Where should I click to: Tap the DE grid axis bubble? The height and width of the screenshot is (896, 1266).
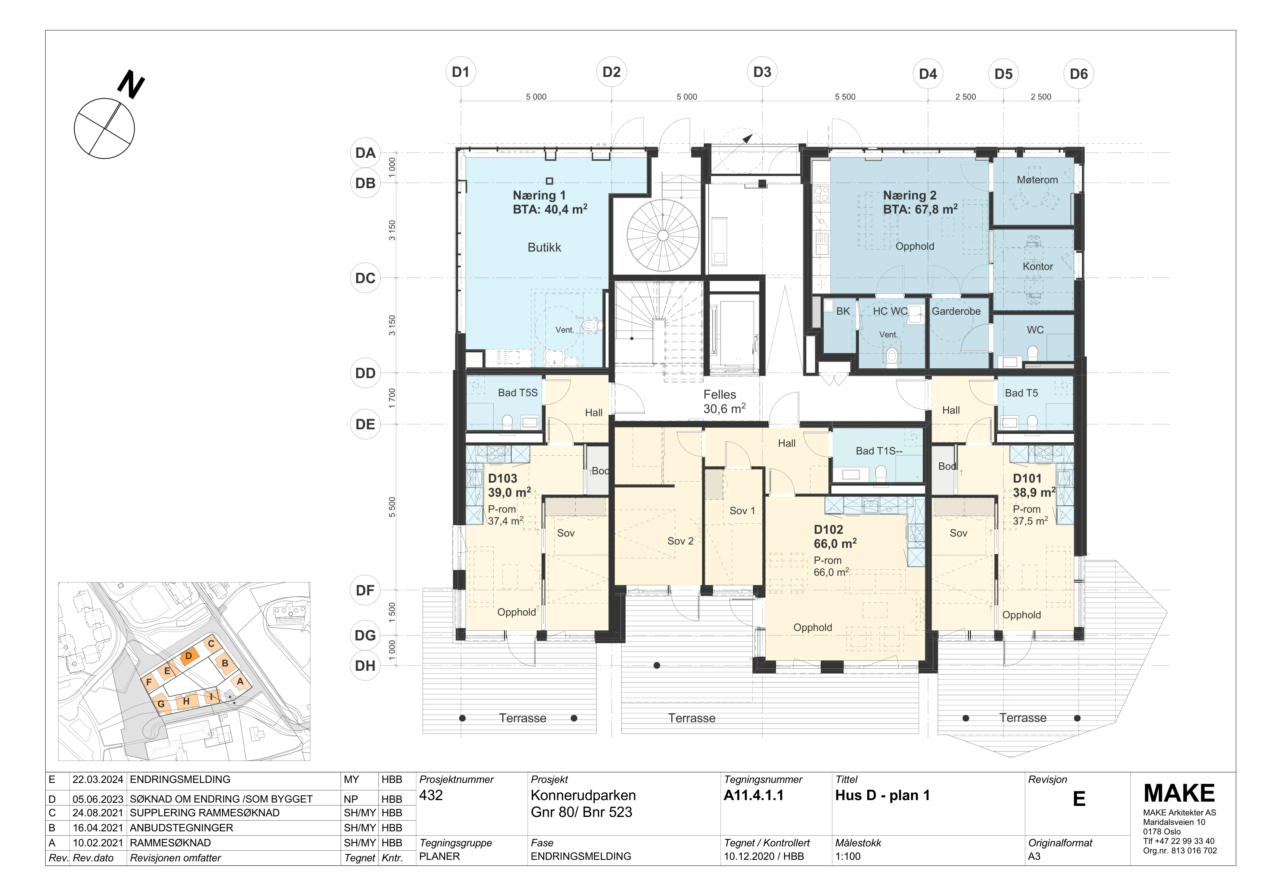pyautogui.click(x=365, y=424)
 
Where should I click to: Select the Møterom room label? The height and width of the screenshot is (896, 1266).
pyautogui.click(x=1037, y=180)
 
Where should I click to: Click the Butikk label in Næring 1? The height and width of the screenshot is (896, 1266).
pyautogui.click(x=544, y=247)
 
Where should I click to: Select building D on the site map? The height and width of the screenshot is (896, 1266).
pyautogui.click(x=189, y=656)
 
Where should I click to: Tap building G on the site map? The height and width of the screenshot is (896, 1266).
pyautogui.click(x=161, y=704)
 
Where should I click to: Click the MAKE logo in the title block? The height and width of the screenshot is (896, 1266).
pyautogui.click(x=1179, y=793)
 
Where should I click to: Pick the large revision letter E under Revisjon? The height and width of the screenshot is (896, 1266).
pyautogui.click(x=1079, y=799)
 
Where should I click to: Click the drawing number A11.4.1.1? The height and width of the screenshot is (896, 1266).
pyautogui.click(x=753, y=795)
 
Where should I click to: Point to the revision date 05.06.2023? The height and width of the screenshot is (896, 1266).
pyautogui.click(x=98, y=799)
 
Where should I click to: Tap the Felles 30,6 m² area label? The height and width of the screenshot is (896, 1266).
pyautogui.click(x=724, y=402)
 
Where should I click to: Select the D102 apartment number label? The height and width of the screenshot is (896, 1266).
pyautogui.click(x=828, y=530)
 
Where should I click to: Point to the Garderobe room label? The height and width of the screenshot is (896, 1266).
pyautogui.click(x=956, y=311)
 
